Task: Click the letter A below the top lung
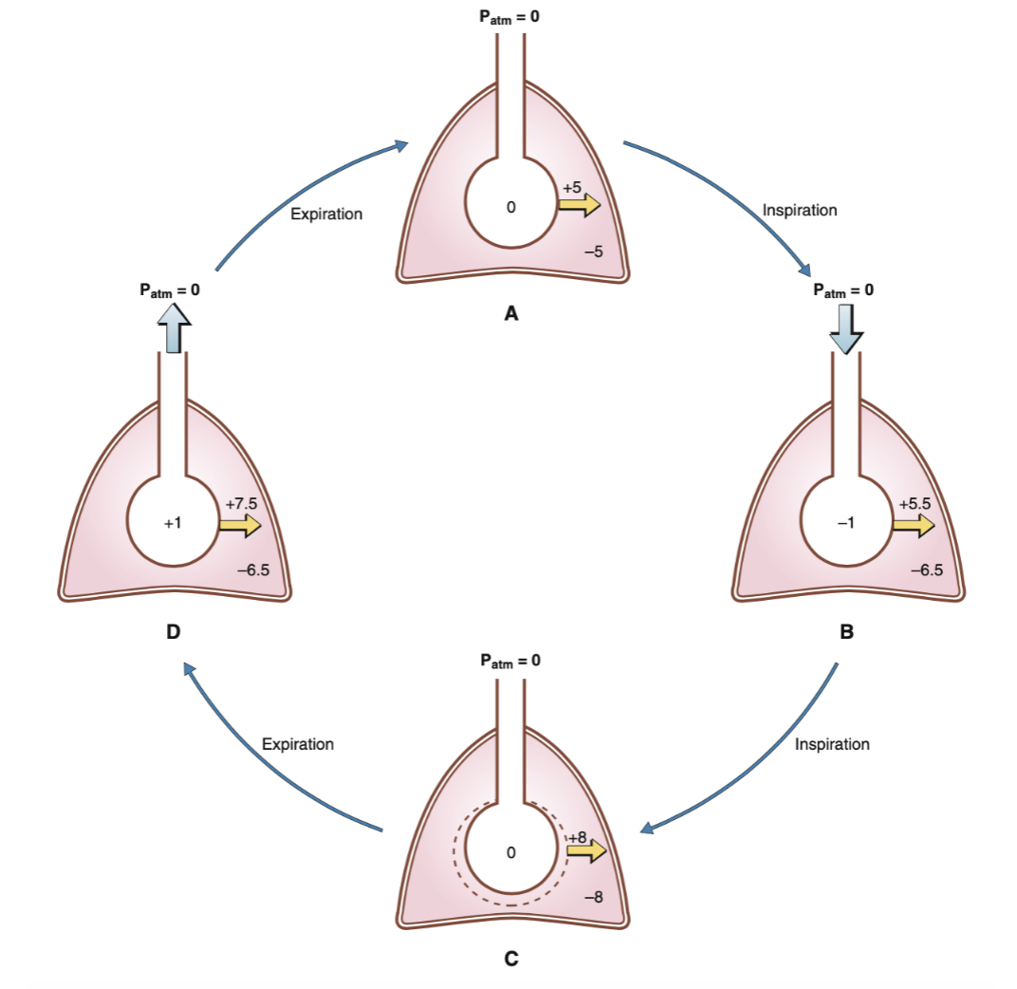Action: pos(510,315)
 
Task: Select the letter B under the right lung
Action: pos(847,631)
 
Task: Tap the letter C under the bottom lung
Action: pos(510,958)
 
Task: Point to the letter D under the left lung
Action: pos(174,631)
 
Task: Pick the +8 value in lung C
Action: pos(578,836)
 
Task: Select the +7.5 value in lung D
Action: pos(239,504)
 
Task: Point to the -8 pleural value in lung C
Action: pos(593,897)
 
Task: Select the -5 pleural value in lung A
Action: pos(593,252)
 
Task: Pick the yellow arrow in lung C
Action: pos(585,851)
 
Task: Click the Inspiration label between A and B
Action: pos(800,210)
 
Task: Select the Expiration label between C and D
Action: pos(298,744)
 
